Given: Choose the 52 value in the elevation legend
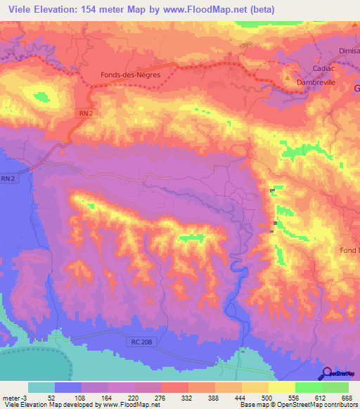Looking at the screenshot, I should pos(52,397).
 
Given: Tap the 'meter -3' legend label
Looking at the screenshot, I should pos(15,397).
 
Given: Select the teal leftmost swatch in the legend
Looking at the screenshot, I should pos(41,387).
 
